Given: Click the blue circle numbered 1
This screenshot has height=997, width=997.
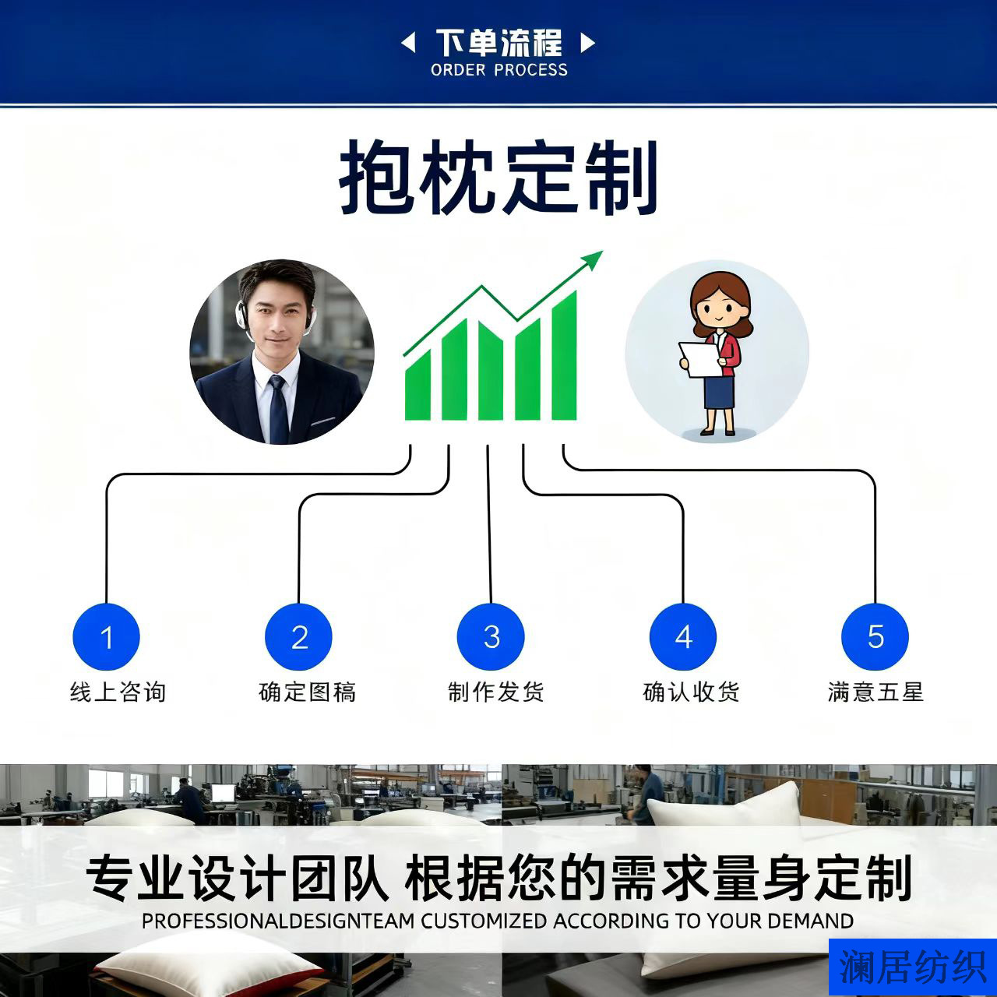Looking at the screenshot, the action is [106, 636].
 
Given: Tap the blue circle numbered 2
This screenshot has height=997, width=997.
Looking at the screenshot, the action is [298, 636].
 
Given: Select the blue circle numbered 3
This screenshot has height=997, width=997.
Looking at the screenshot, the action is [491, 636].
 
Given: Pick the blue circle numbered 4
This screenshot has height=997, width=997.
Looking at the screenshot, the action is [683, 636].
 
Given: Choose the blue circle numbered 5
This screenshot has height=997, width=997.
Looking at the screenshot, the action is [875, 636].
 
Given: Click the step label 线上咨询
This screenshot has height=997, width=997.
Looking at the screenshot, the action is [118, 692].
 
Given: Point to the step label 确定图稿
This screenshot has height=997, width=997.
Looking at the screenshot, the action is [307, 692].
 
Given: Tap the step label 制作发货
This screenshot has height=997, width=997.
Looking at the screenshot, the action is [495, 692].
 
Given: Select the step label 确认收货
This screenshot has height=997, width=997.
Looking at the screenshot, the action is [691, 692].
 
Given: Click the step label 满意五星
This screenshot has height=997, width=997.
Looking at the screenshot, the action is [875, 692].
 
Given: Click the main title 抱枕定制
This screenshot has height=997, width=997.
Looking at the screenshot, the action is [498, 178].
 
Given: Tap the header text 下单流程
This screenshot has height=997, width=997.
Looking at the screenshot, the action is [498, 42].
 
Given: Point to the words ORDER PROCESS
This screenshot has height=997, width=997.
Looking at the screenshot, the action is [498, 70].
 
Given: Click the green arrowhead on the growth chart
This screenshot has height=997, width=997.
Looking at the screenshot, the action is [594, 260].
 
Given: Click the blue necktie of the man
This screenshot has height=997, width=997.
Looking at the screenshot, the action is [278, 409].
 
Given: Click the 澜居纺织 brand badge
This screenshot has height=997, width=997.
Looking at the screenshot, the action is [912, 967].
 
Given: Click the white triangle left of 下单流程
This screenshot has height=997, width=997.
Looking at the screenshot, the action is [407, 43].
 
